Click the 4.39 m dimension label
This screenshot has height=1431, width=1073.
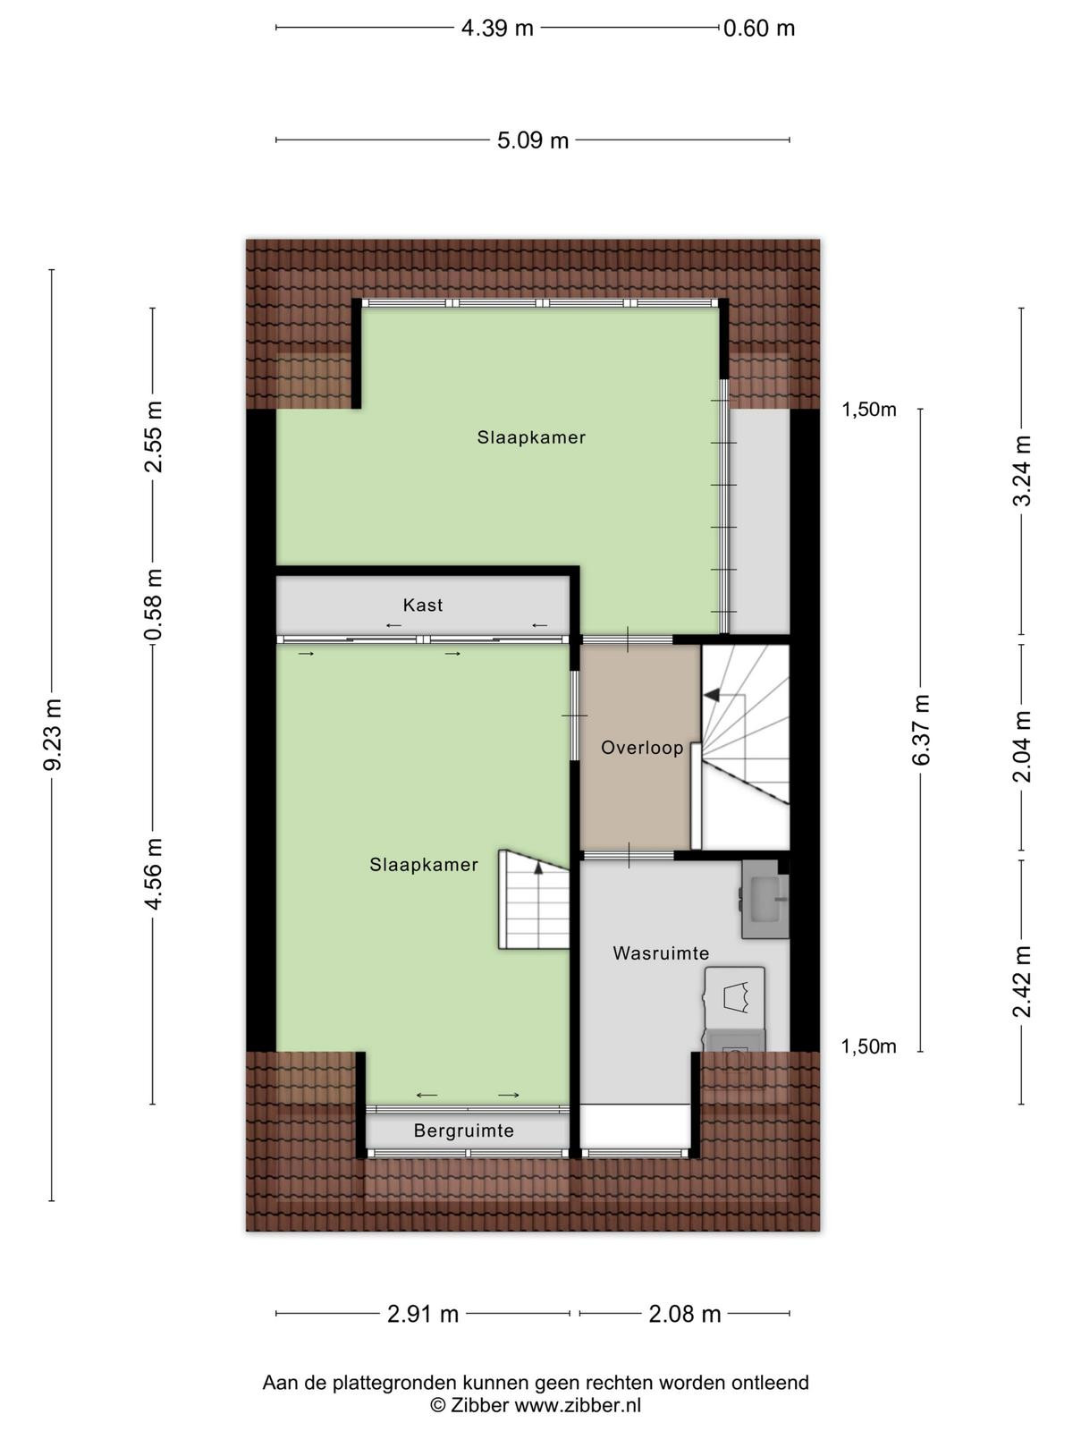(497, 28)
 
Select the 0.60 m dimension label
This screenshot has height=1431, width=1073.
(759, 28)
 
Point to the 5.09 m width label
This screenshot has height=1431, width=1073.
(532, 140)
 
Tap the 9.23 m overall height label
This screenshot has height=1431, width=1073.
(52, 734)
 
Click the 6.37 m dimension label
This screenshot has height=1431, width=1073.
(921, 730)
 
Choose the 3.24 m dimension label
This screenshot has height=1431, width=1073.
(1021, 470)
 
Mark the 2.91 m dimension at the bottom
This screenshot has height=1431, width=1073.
(423, 1314)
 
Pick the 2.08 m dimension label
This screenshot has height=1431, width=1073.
(685, 1314)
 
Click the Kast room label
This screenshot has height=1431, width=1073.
(423, 605)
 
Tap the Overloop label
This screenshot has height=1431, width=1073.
(642, 748)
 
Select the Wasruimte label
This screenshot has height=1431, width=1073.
(661, 953)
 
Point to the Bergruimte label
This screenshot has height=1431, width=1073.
(464, 1130)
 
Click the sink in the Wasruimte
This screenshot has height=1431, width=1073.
(765, 901)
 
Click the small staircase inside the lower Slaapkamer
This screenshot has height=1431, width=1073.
(534, 900)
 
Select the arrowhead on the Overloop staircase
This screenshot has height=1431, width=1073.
(712, 695)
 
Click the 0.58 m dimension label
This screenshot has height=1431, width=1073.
(153, 605)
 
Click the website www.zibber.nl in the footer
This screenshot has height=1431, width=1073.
(578, 1405)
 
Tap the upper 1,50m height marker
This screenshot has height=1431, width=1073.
(869, 410)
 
